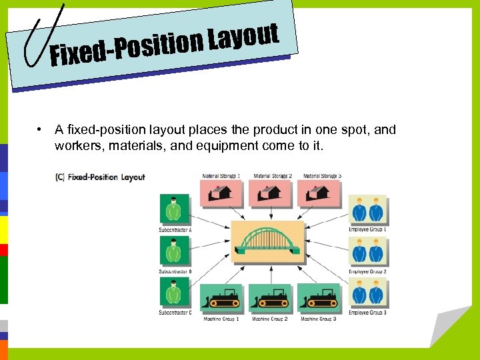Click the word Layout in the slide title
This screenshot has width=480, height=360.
pyautogui.click(x=243, y=39)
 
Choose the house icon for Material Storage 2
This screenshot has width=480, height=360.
pyautogui.click(x=271, y=193)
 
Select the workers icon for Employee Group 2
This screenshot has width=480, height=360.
pyautogui.click(x=367, y=251)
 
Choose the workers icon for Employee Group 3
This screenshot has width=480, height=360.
pyautogui.click(x=367, y=293)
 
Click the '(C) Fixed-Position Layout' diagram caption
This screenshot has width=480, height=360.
pyautogui.click(x=101, y=177)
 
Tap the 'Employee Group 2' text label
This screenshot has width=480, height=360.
pyautogui.click(x=367, y=271)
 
